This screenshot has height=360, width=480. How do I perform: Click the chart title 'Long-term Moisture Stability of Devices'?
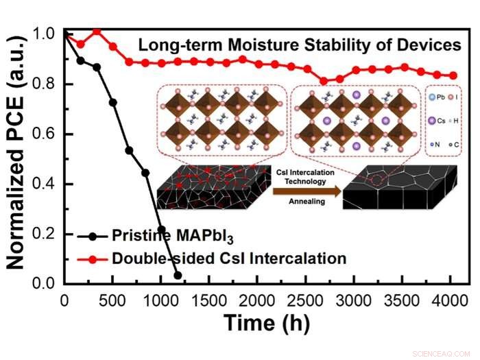[300, 46]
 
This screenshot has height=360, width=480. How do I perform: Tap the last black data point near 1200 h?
[178, 275]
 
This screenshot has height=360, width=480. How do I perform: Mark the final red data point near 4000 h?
[453, 76]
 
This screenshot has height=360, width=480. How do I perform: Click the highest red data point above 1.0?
[97, 31]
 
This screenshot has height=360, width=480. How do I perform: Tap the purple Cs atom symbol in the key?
[433, 121]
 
